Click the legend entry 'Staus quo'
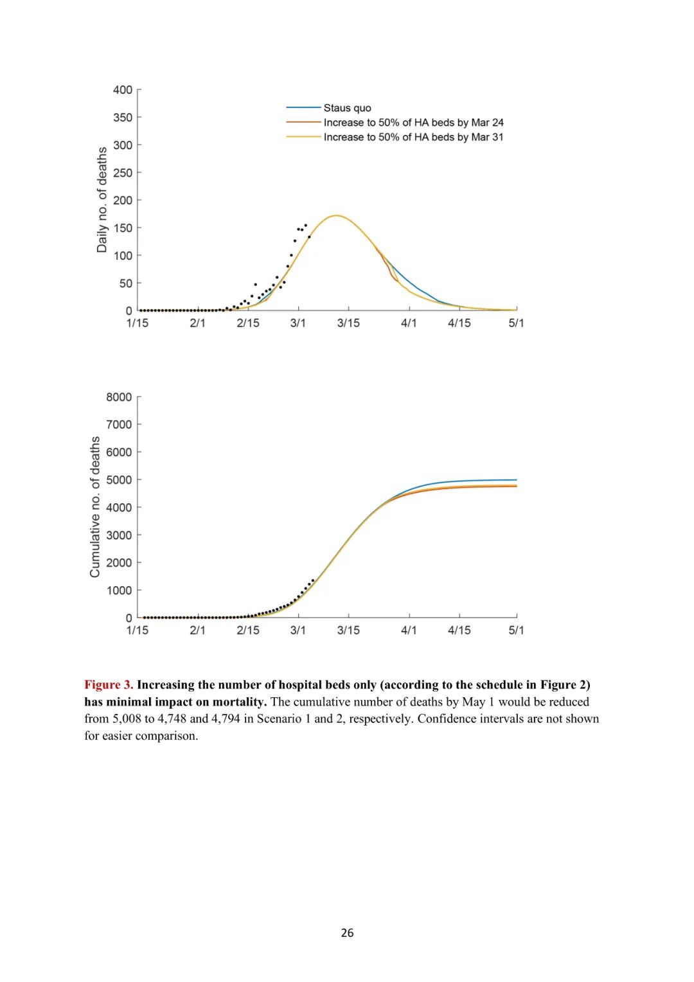(347, 108)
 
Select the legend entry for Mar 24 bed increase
(413, 123)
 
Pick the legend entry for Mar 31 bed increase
(413, 138)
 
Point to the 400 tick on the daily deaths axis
(123, 90)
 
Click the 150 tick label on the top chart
(123, 228)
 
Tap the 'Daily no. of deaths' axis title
(102, 200)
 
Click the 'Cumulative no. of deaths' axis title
(95, 507)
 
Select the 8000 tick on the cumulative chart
(120, 397)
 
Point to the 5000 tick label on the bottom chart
(120, 480)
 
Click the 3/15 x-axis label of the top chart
(348, 323)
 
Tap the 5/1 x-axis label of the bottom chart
(516, 630)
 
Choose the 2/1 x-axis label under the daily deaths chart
(197, 323)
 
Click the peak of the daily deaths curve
(336, 215)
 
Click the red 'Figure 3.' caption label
(109, 685)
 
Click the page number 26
(347, 933)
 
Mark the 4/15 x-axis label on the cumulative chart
(459, 630)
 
